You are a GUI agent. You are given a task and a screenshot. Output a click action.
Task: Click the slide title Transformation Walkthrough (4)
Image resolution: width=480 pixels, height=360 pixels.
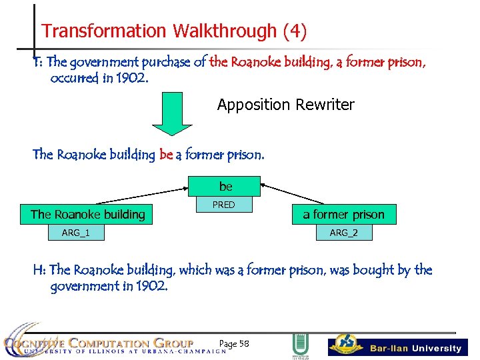tap(174, 31)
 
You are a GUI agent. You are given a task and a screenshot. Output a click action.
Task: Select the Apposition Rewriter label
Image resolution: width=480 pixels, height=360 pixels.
tap(285, 105)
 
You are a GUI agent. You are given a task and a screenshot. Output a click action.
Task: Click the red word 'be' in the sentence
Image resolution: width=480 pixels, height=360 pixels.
tap(166, 155)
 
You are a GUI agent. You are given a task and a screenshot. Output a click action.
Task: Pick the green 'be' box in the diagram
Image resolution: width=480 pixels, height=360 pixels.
tap(225, 186)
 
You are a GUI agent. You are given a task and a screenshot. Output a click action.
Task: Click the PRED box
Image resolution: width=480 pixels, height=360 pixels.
tap(223, 205)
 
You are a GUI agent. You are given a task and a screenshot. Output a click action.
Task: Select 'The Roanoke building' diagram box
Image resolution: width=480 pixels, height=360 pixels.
tap(88, 214)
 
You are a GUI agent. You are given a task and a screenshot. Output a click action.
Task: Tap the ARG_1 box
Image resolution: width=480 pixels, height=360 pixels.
tap(75, 232)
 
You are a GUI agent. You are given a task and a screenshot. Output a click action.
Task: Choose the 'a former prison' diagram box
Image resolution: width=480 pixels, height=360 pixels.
tap(343, 214)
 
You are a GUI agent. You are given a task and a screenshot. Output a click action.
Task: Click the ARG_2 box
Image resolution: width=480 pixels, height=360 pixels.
tap(344, 232)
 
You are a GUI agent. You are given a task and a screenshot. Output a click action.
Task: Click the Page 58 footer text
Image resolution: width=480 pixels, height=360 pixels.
tap(234, 343)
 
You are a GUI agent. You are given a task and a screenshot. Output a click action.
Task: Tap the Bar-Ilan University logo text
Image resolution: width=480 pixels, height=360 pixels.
tap(415, 348)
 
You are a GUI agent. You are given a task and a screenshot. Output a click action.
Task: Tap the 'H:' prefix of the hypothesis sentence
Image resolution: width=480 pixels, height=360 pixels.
tap(40, 270)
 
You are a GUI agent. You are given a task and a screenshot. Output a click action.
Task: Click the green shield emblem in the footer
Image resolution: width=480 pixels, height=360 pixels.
tap(300, 345)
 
